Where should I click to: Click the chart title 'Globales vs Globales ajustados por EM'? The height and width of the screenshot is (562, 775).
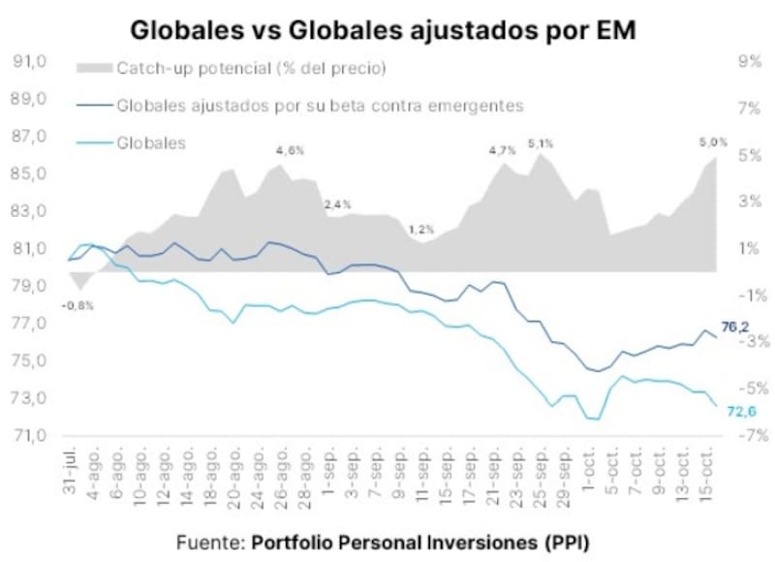pos(383,30)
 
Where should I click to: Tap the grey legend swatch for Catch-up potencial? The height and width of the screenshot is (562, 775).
pos(94,68)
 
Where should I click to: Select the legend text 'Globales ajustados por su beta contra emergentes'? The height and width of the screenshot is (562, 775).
pos(321,106)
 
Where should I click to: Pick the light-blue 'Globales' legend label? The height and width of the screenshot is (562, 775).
pos(151,142)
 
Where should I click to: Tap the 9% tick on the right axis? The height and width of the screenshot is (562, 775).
pos(749,61)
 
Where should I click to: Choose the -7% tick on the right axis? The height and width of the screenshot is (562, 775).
pos(754,435)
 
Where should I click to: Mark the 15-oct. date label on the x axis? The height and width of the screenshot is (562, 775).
pos(707,472)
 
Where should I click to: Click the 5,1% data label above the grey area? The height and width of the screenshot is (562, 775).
pos(541,143)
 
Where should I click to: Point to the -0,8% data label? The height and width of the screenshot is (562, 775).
pos(77,306)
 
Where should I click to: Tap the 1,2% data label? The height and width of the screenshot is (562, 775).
pos(421,230)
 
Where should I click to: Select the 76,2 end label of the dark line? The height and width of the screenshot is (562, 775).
pos(735,327)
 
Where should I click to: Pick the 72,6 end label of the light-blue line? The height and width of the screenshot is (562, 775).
pos(742,411)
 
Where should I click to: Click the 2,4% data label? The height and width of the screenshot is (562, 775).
pos(338,204)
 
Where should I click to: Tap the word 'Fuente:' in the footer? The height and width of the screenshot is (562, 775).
pos(210,543)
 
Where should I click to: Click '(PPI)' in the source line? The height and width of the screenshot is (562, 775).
pos(568,543)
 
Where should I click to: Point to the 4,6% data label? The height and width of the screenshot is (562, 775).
pos(291,151)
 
